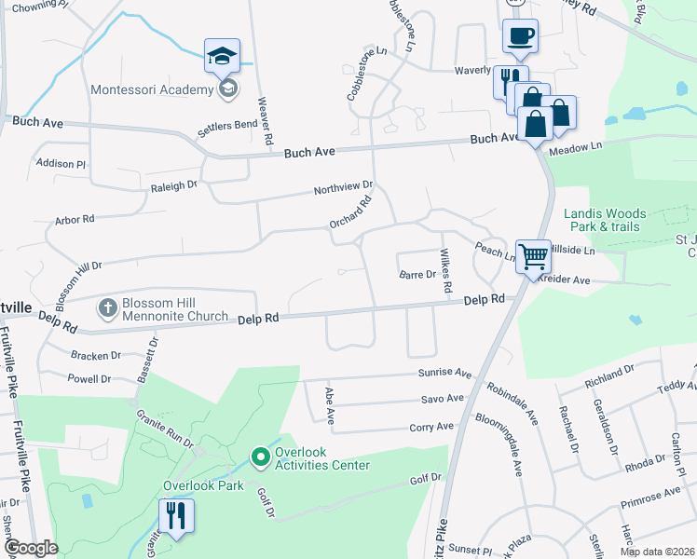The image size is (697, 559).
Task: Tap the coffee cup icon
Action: (520, 37)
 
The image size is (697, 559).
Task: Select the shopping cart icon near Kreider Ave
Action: (531, 254)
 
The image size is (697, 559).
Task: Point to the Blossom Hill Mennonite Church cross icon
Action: (108, 307)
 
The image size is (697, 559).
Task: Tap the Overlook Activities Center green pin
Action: (261, 457)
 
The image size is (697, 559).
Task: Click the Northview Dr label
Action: (343, 189)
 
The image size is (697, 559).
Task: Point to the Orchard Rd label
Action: (350, 213)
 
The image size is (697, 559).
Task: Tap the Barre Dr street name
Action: (417, 275)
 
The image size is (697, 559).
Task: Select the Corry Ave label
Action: (431, 427)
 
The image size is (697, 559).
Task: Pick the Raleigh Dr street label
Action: (174, 185)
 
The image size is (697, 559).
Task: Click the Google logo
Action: (31, 548)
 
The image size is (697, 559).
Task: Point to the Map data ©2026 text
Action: (656, 552)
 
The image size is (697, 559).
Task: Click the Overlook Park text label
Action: (203, 485)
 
